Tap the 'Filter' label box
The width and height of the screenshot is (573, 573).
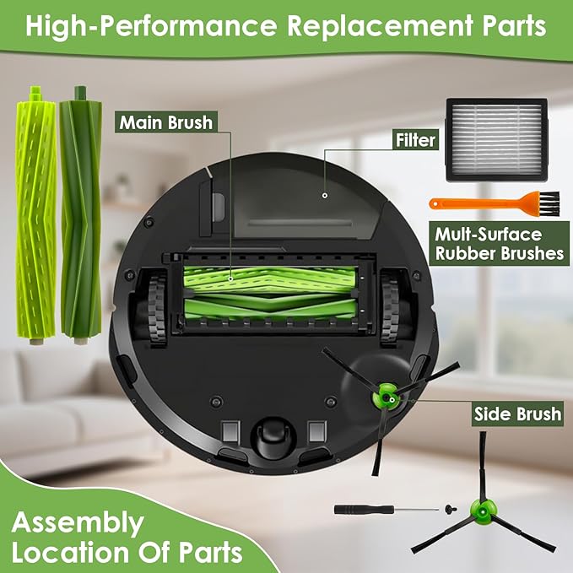point(415,139)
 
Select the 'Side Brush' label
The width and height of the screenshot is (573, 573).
point(516,414)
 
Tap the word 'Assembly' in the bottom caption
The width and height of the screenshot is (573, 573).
point(78,523)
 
